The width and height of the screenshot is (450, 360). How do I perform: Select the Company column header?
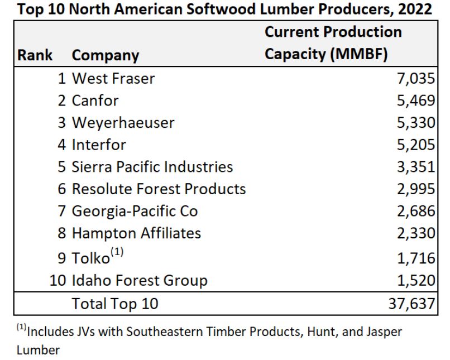pos(105,55)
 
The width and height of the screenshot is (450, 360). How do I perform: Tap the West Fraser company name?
pos(113,79)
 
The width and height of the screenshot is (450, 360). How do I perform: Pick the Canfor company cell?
pos(95,101)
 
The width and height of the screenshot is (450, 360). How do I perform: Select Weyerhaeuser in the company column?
pos(123,123)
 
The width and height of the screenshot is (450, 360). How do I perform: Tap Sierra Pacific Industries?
pos(152,167)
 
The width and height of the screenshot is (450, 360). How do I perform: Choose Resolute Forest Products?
pos(159,189)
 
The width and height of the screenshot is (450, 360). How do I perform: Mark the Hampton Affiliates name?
pos(136,233)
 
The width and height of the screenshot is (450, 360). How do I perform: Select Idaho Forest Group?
pos(140,280)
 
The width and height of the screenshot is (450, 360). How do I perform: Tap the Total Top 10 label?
pos(115,304)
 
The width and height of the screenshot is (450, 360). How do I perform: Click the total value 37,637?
pos(410,304)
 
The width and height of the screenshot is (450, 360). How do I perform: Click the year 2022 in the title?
pos(417,9)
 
